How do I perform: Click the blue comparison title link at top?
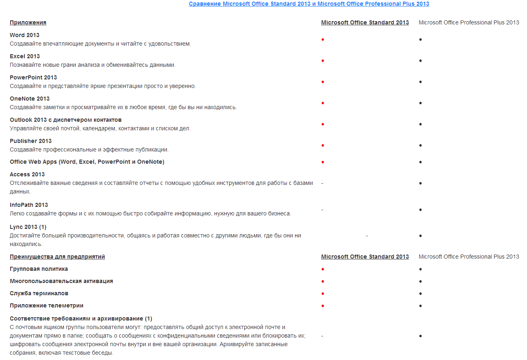[309, 4]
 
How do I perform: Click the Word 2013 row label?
[24, 35]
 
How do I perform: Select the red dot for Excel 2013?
[323, 61]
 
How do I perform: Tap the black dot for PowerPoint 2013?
[420, 82]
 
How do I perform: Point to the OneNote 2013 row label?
[30, 99]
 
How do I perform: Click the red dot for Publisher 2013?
[323, 145]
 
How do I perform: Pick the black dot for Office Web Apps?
[420, 162]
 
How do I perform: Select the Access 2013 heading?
[27, 174]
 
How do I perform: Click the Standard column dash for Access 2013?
[322, 183]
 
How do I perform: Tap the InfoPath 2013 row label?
[29, 205]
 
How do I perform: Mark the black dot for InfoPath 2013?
[420, 210]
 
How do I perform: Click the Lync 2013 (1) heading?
[28, 227]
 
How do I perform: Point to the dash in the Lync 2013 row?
[367, 236]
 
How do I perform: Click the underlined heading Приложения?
[28, 22]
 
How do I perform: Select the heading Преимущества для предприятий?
[57, 257]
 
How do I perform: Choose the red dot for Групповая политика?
[323, 269]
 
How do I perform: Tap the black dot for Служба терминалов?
[420, 294]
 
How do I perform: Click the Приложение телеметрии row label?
[46, 305]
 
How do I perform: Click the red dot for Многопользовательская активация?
[323, 281]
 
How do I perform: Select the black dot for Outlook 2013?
[420, 124]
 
